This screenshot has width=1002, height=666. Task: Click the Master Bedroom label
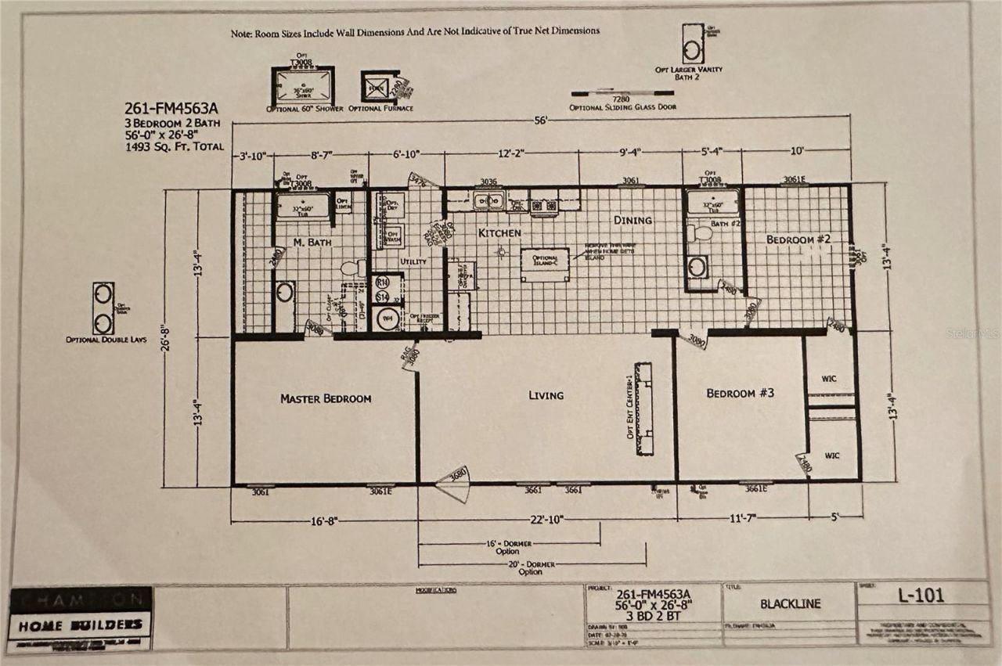[x=326, y=399]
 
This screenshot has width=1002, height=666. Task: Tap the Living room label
[x=546, y=395]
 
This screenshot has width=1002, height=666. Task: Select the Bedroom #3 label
[x=740, y=393]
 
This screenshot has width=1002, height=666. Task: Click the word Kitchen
[x=499, y=233]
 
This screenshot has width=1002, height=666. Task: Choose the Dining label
[x=633, y=220]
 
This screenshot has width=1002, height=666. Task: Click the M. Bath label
[x=312, y=243]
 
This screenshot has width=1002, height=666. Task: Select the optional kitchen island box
[x=545, y=264]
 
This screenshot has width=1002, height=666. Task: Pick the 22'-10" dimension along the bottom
[x=545, y=518]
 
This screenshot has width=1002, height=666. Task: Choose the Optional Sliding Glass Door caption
[x=623, y=106]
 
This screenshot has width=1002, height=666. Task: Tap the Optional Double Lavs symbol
[x=103, y=308]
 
